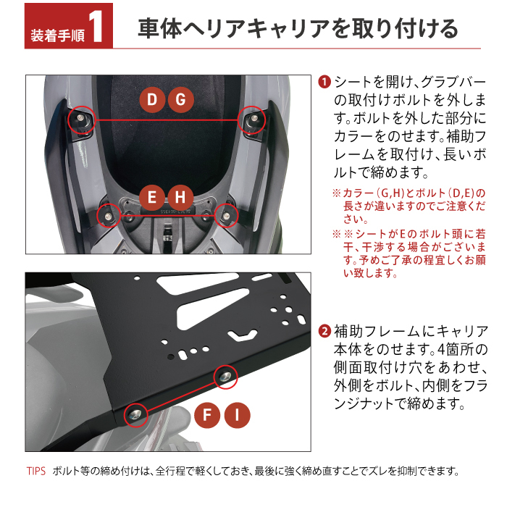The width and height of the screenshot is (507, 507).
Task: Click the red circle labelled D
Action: (152, 100)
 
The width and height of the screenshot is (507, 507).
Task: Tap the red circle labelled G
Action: (181, 100)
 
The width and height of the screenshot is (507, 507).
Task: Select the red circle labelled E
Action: (152, 197)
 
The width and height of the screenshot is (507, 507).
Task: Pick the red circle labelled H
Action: (180, 197)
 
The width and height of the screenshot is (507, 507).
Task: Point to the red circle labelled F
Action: (207, 415)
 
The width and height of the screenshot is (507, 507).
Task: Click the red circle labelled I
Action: (237, 415)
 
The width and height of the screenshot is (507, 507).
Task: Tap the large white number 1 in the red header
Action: (96, 27)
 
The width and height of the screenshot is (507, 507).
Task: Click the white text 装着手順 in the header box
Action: (58, 35)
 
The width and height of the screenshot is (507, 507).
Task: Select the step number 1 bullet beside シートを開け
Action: (324, 82)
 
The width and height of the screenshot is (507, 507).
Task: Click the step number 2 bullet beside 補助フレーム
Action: (324, 332)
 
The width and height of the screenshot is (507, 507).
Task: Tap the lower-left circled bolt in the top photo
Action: (108, 216)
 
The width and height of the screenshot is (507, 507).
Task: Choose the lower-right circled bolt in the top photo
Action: (226, 216)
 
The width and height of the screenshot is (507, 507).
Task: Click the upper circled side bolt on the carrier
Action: (225, 376)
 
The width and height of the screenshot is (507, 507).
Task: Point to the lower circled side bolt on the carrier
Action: (135, 415)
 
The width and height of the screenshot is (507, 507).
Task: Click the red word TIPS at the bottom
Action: (36, 471)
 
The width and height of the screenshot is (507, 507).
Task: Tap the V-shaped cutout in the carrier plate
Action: (243, 335)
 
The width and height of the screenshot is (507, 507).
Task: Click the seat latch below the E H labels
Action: (167, 233)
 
